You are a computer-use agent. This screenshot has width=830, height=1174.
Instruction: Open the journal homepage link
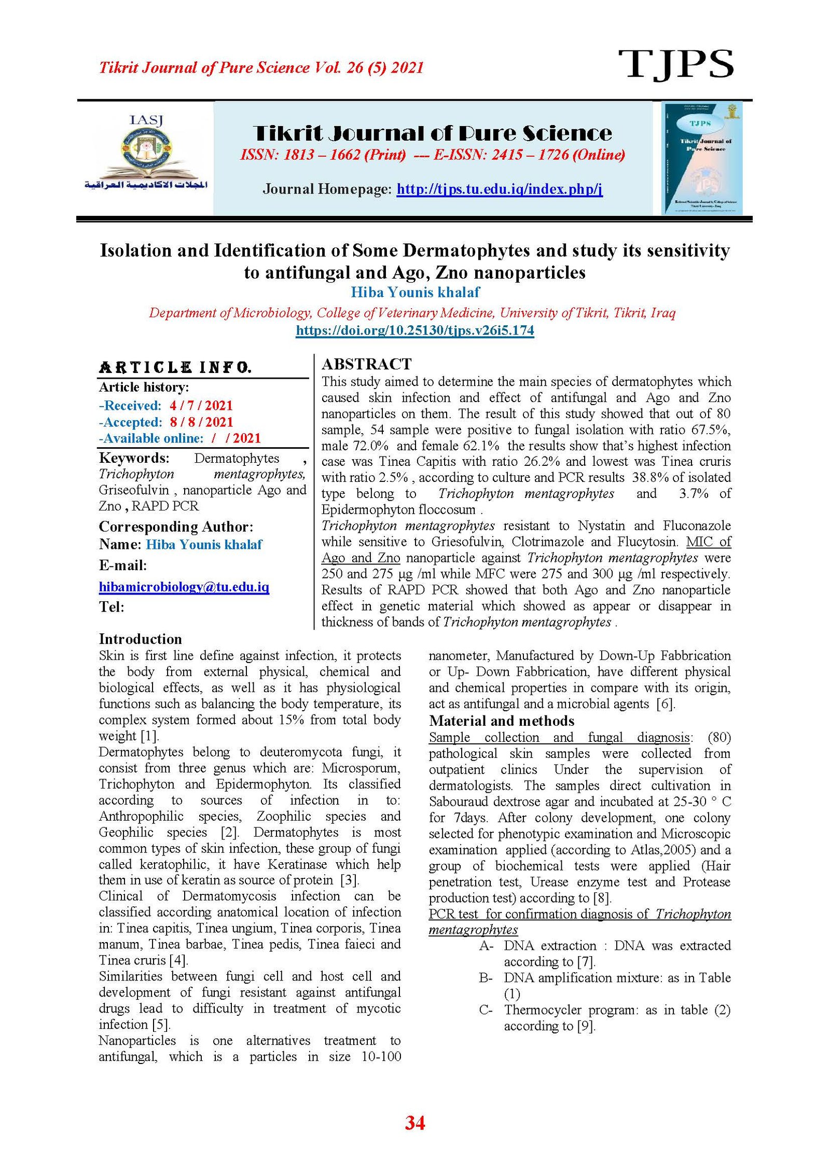499,189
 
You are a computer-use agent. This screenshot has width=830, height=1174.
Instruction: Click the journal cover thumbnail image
702,158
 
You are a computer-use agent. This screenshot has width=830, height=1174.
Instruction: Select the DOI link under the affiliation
414,330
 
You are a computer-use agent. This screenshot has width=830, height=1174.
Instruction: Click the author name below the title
415,292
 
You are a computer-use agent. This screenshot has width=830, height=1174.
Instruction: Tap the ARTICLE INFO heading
175,368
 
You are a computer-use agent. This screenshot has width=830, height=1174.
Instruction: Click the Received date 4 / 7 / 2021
201,405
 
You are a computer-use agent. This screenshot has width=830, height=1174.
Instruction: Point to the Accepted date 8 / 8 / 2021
201,422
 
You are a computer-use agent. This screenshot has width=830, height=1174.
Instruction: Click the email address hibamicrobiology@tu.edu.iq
184,587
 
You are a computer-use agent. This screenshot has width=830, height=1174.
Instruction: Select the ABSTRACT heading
366,364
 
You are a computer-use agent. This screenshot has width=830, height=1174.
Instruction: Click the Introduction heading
140,639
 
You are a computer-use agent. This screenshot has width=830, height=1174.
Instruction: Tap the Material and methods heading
502,721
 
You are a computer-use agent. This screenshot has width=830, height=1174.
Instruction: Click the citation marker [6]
666,704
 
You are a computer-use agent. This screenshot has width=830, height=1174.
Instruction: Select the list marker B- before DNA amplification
486,978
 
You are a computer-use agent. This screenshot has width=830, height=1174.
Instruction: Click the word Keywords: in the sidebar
134,458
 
